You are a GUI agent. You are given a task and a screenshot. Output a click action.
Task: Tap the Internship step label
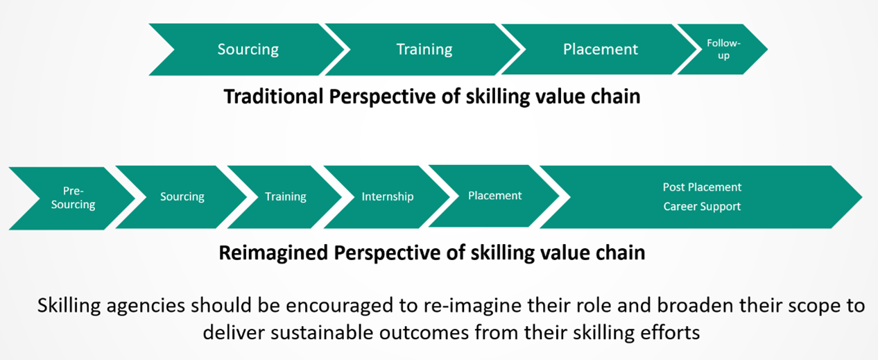[387, 196]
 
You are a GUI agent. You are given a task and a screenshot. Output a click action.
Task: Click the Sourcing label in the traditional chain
[248, 49]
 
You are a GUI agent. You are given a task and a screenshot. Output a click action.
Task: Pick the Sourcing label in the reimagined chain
[182, 196]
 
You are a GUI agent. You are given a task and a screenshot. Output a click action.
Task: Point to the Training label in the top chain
[424, 49]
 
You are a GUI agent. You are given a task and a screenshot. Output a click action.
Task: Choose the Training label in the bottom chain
[285, 196]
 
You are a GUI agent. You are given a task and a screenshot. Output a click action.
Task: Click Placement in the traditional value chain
[601, 49]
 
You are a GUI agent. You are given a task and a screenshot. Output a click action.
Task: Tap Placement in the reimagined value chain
[494, 196]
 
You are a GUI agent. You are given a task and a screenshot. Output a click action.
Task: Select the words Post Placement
[702, 187]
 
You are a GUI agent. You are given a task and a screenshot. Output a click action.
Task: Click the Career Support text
[702, 206]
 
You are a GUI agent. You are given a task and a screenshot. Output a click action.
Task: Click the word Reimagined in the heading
[273, 253]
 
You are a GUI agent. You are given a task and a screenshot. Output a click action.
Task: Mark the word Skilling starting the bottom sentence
[69, 306]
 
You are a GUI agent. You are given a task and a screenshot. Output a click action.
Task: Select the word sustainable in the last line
[321, 332]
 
